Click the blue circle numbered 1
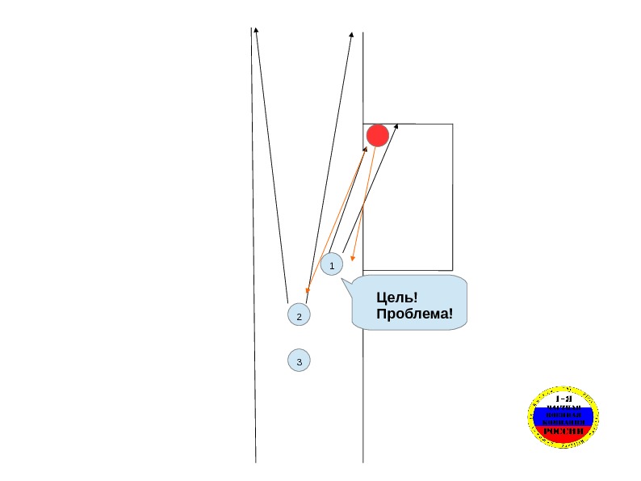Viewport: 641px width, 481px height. coord(332,264)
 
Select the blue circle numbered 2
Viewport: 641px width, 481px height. coord(299,315)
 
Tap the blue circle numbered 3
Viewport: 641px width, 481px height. coord(299,361)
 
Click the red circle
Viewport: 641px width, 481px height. coord(378,135)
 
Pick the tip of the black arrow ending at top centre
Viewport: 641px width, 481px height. coord(352,35)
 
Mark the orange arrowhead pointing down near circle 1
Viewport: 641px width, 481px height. coord(353,259)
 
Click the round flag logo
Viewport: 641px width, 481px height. coord(565,416)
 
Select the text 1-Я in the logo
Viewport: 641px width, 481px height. coord(565,399)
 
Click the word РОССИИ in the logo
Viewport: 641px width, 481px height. coord(565,432)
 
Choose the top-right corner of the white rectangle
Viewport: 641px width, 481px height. coord(452,124)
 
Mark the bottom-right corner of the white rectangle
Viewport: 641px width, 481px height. coord(452,270)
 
